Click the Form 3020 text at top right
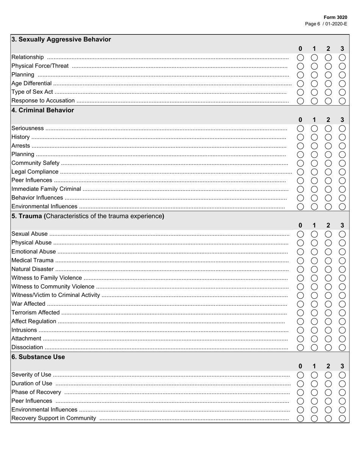[335, 17]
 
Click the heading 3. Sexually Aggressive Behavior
[61, 39]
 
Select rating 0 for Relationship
[301, 57]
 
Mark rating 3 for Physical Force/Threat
[342, 66]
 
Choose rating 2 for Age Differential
[328, 83]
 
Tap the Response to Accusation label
[43, 101]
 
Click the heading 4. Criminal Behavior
[42, 110]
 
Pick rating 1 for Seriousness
[314, 128]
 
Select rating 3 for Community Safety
[342, 163]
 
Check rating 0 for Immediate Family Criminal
[301, 189]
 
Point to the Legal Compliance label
[35, 172]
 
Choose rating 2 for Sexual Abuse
[328, 234]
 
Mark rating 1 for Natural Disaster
[314, 269]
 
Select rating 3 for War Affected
[342, 304]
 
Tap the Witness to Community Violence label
[53, 287]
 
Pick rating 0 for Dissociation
[301, 347]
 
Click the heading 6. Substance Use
[38, 357]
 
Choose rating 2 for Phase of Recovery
[328, 393]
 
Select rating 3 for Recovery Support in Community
[342, 418]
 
